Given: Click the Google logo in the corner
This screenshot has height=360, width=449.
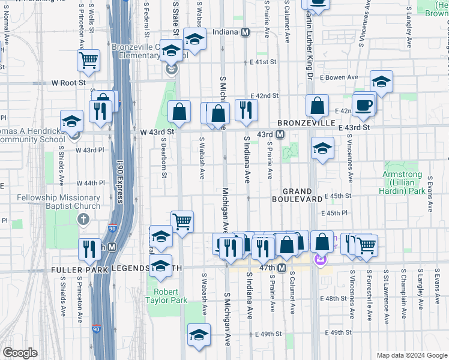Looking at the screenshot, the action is (20, 353).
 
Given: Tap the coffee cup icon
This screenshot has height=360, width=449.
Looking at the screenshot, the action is (364, 106).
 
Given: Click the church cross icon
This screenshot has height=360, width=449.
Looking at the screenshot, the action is (83, 221).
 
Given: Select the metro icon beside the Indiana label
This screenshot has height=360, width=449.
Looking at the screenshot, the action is (245, 32).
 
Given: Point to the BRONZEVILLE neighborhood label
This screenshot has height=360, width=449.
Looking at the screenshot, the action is (306, 122).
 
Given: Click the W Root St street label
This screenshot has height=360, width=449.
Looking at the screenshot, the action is (68, 82).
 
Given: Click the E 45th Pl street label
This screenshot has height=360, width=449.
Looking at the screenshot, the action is (336, 213).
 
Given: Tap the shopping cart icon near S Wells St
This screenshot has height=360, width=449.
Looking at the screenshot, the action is (88, 59).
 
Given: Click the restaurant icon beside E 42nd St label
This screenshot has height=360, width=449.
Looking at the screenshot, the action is (246, 109).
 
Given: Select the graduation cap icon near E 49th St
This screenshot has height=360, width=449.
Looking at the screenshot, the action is (199, 335).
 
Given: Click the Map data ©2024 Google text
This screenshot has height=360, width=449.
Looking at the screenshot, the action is (411, 355).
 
